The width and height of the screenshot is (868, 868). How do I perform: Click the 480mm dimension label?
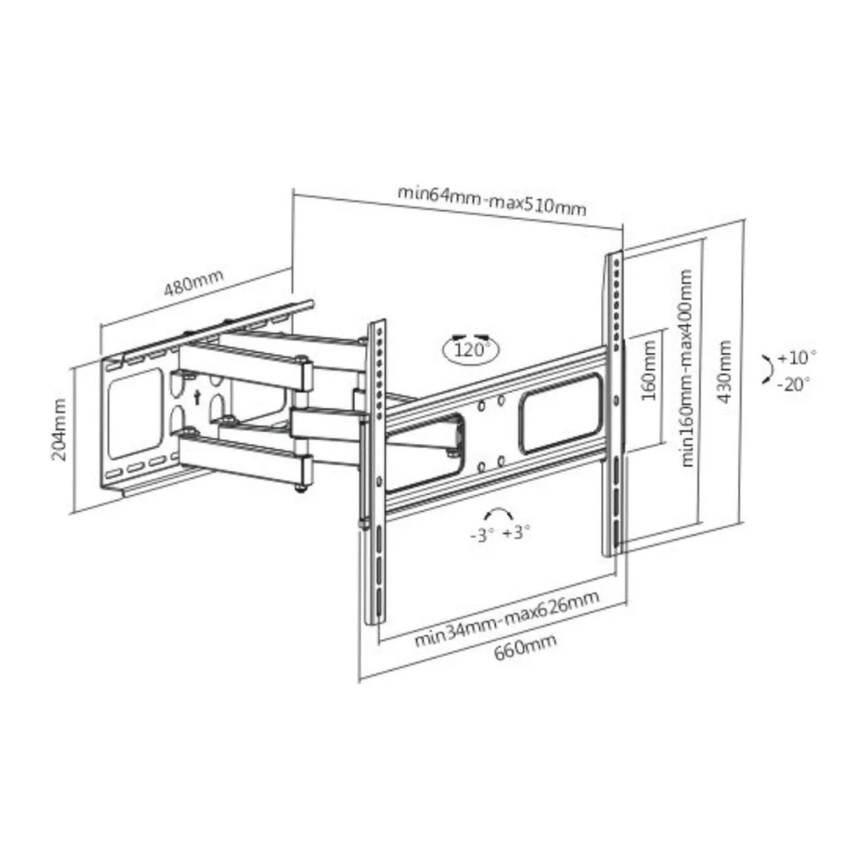pyautogui.click(x=194, y=282)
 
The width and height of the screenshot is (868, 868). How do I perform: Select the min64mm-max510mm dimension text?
pyautogui.click(x=492, y=200)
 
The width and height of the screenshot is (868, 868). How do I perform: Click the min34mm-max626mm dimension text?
pyautogui.click(x=507, y=619)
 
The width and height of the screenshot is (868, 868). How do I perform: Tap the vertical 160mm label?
pyautogui.click(x=648, y=370)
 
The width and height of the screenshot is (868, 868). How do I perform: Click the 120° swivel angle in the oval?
pyautogui.click(x=471, y=350)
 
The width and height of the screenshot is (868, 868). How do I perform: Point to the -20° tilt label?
pyautogui.click(x=793, y=384)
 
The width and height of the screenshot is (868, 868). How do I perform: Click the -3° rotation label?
pyautogui.click(x=481, y=536)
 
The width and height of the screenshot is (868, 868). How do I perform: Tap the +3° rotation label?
pyautogui.click(x=516, y=532)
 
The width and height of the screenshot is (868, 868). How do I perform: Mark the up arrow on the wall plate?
pyautogui.click(x=197, y=397)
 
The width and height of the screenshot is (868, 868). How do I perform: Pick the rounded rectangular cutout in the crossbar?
pyautogui.click(x=561, y=413)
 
